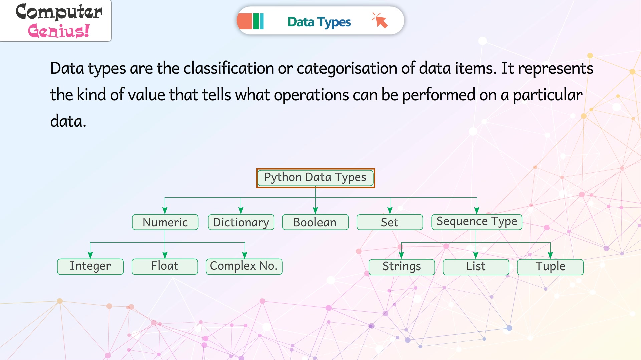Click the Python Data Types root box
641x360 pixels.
click(315, 178)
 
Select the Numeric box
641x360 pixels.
click(165, 222)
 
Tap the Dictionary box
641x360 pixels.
click(241, 222)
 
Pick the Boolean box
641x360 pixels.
click(315, 222)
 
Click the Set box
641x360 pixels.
click(390, 222)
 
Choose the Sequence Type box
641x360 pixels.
click(477, 222)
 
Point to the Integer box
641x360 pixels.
click(90, 266)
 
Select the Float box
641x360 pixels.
click(165, 266)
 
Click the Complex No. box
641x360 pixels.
click(244, 266)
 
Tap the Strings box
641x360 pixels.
click(402, 267)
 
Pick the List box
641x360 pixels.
click(476, 267)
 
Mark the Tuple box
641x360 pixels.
click(550, 267)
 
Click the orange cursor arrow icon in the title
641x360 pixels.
click(381, 21)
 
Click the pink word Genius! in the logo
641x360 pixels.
click(59, 31)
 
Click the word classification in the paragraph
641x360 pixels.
click(229, 68)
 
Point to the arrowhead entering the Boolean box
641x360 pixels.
click(315, 210)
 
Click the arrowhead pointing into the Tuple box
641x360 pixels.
click(550, 255)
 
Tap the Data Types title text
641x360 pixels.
click(319, 22)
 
